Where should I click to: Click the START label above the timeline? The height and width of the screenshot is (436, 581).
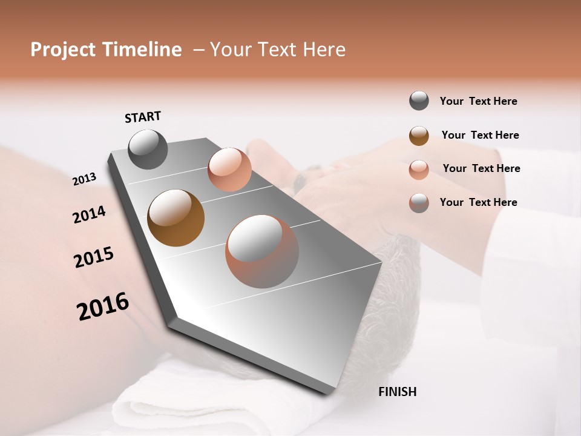coord(143,117)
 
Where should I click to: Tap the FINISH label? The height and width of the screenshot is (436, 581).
coord(397,392)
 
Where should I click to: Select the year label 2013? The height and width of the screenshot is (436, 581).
coord(84,179)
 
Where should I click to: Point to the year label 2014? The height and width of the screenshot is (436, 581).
coord(89,215)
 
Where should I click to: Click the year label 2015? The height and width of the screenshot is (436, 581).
coord(94,257)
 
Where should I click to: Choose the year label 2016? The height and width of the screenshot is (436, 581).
coord(103,307)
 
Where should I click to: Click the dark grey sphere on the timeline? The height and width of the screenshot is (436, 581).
coord(148,149)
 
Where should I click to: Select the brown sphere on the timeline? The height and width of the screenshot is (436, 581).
coord(176,218)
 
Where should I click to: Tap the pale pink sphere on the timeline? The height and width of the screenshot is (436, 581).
coord(229,170)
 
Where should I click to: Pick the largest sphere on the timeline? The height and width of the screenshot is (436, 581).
coord(262,251)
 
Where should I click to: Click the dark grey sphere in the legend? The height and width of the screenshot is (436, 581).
coord(419,101)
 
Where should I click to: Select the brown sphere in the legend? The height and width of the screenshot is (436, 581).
coord(419,135)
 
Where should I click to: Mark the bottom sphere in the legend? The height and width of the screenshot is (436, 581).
coord(419,202)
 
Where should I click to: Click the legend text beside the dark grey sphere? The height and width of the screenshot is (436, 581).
coord(478,101)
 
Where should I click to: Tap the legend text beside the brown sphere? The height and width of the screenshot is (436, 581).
coord(480,135)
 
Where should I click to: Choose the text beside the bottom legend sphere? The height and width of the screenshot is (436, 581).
coord(478,202)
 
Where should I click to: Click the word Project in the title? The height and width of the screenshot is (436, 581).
coord(64,50)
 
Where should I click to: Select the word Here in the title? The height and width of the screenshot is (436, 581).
coord(323,50)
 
